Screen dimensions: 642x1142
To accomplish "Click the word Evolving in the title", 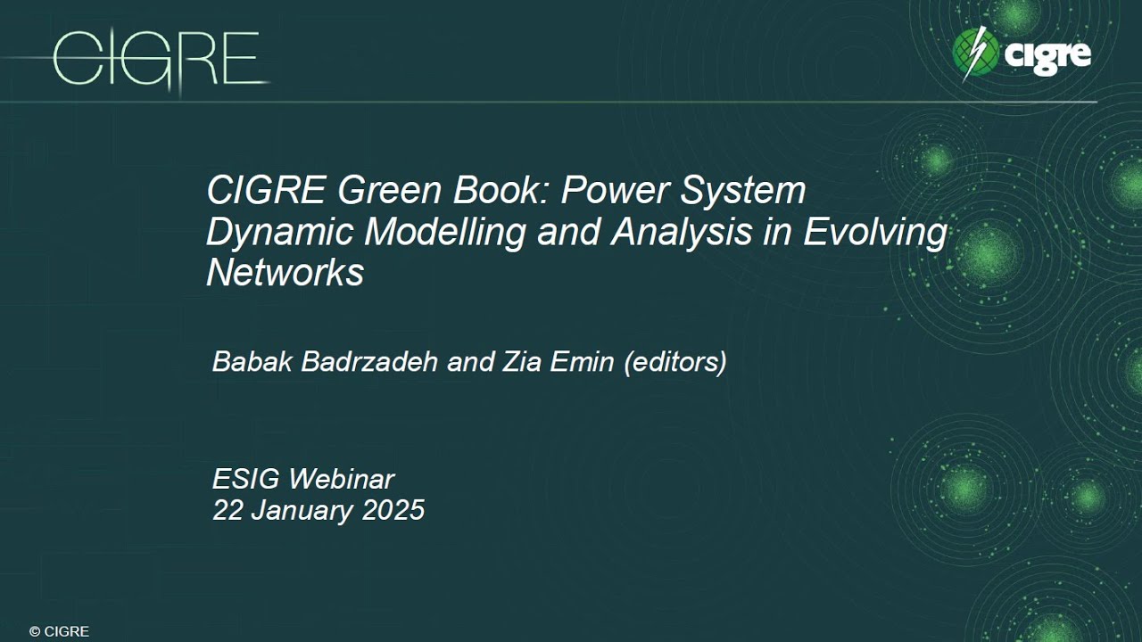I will click(x=875, y=232).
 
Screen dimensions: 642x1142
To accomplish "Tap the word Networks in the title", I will click(x=285, y=272).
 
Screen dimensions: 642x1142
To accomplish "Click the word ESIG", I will click(x=245, y=479).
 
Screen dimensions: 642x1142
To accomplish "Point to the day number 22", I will click(x=228, y=510).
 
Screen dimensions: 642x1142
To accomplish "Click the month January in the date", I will click(x=303, y=510).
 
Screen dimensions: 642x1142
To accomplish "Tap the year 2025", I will click(x=393, y=510).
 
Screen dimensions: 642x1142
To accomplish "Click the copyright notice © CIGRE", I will click(x=59, y=631).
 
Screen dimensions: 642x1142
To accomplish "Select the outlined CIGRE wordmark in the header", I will click(x=156, y=59).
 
